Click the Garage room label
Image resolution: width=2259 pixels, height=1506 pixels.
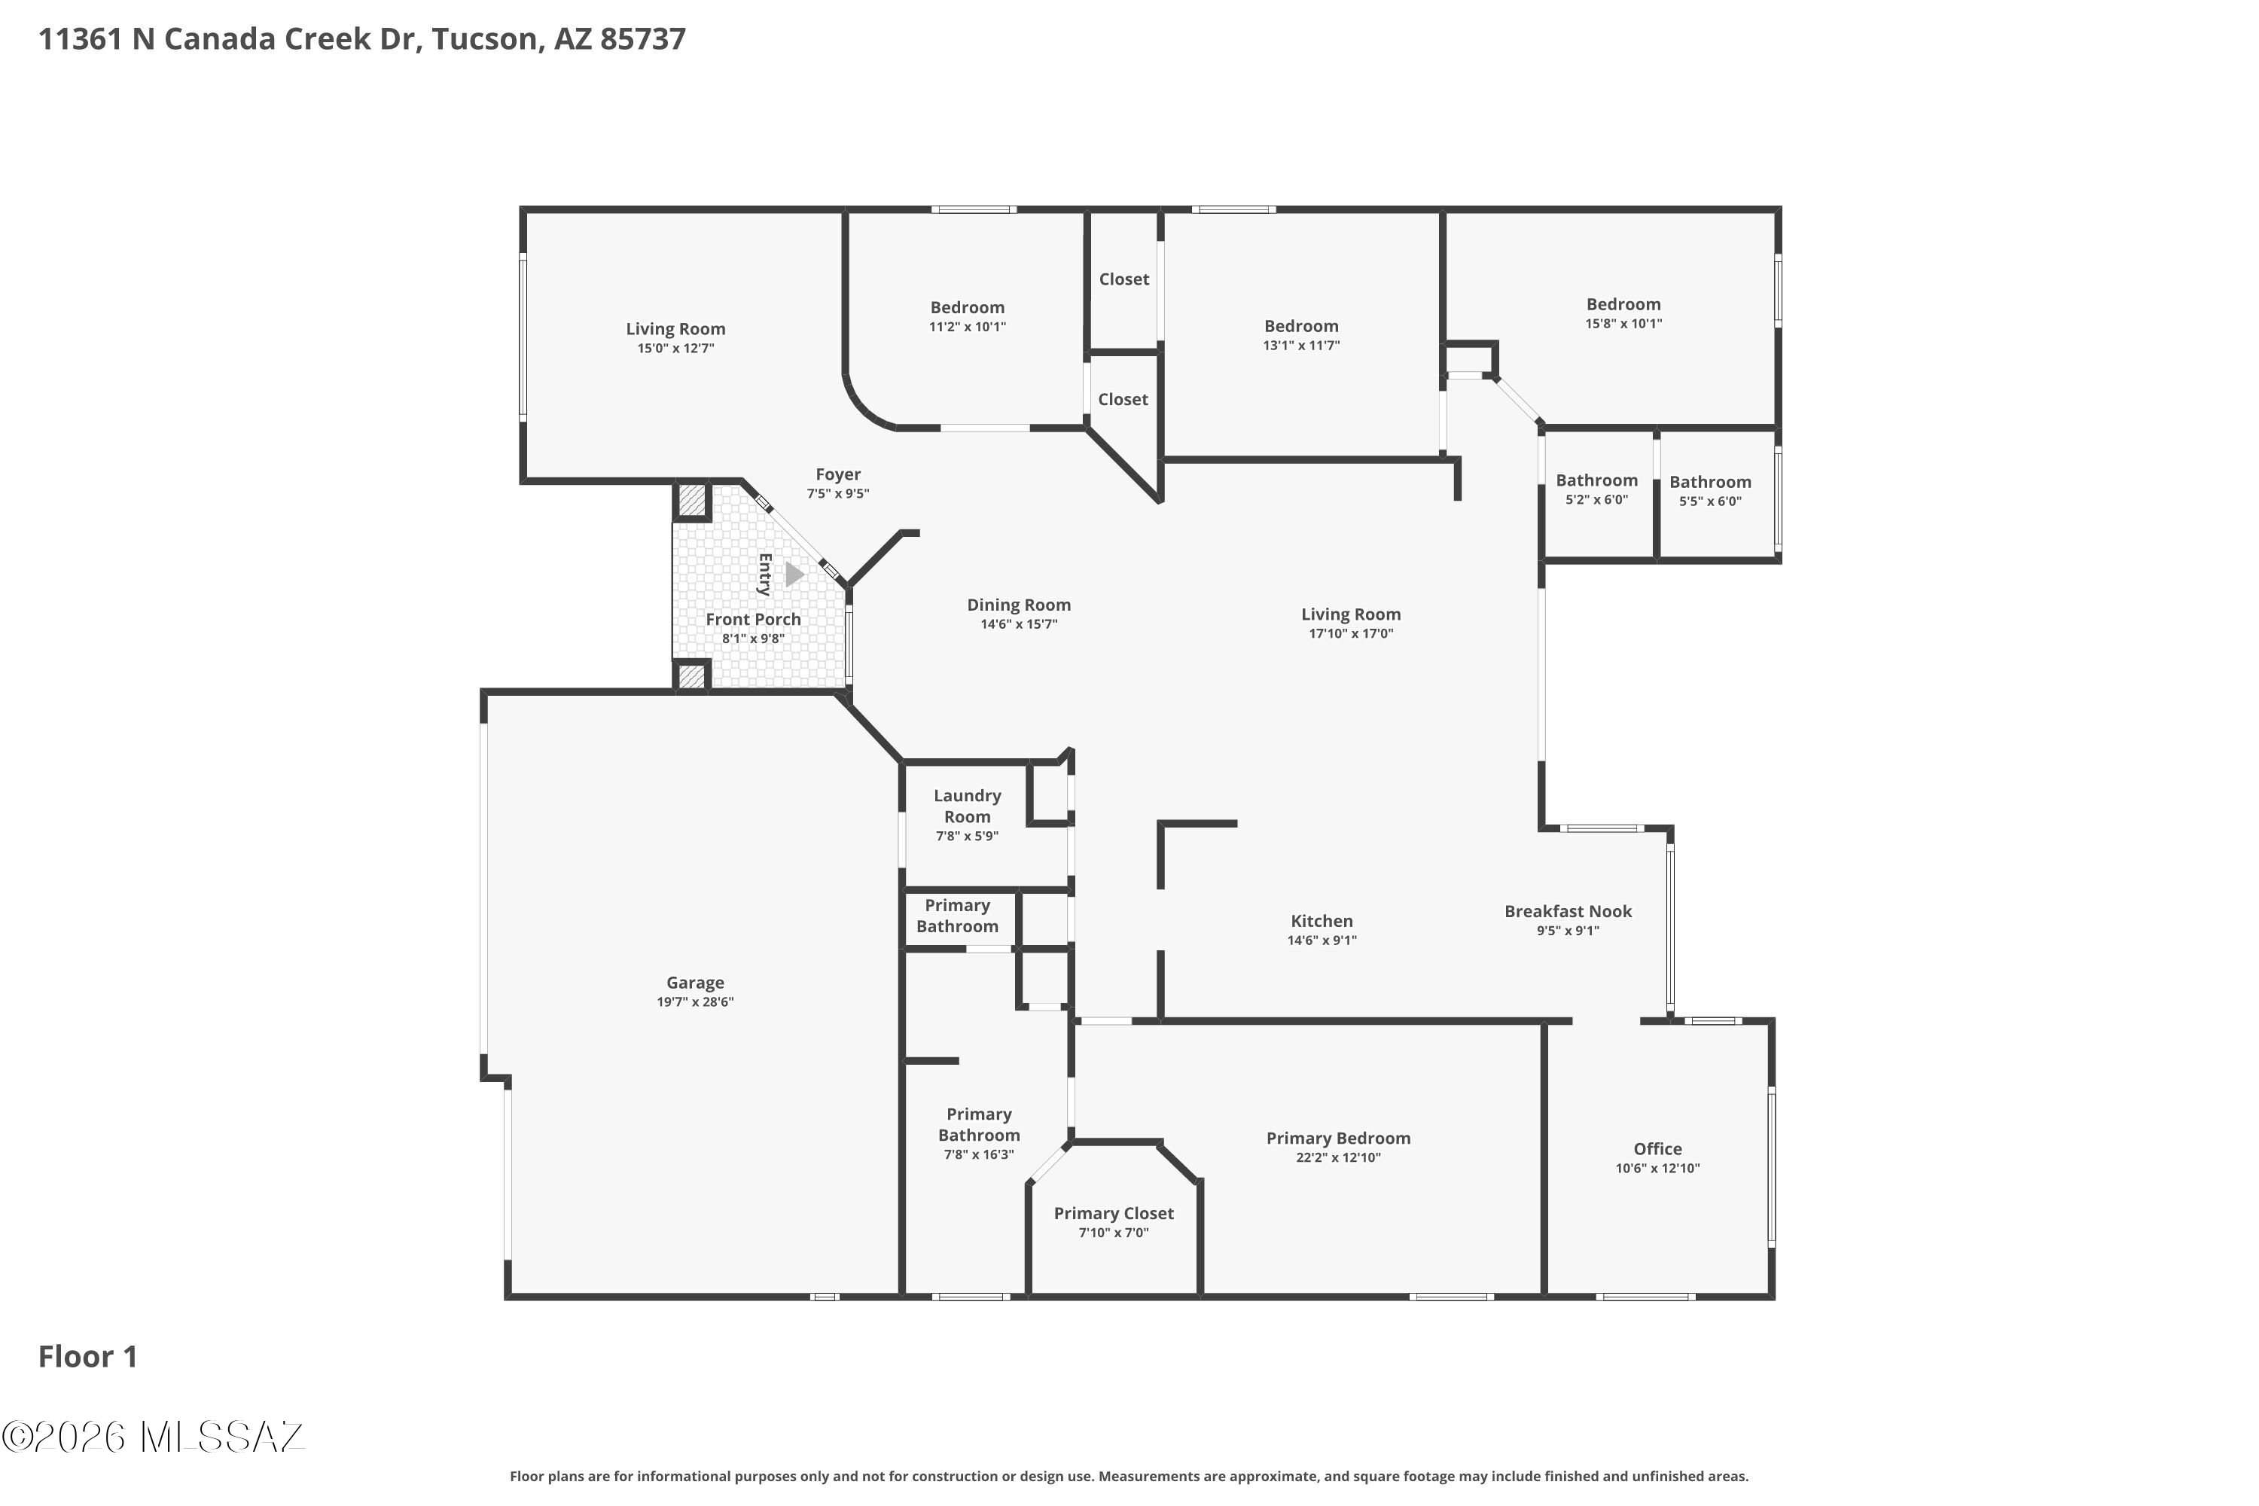point(695,983)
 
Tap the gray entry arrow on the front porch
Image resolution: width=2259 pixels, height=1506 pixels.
point(794,575)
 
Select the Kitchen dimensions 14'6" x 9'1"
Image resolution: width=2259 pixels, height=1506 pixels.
point(1322,940)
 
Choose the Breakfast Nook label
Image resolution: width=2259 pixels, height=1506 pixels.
point(1568,911)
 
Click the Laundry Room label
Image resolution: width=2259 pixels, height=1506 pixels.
point(967,806)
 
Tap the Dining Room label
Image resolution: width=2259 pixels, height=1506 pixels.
point(1018,605)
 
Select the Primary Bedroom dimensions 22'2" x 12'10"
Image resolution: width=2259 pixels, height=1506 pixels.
point(1338,1157)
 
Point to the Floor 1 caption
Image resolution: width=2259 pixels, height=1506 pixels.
point(87,1356)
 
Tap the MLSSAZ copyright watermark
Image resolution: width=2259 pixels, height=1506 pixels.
point(154,1437)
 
